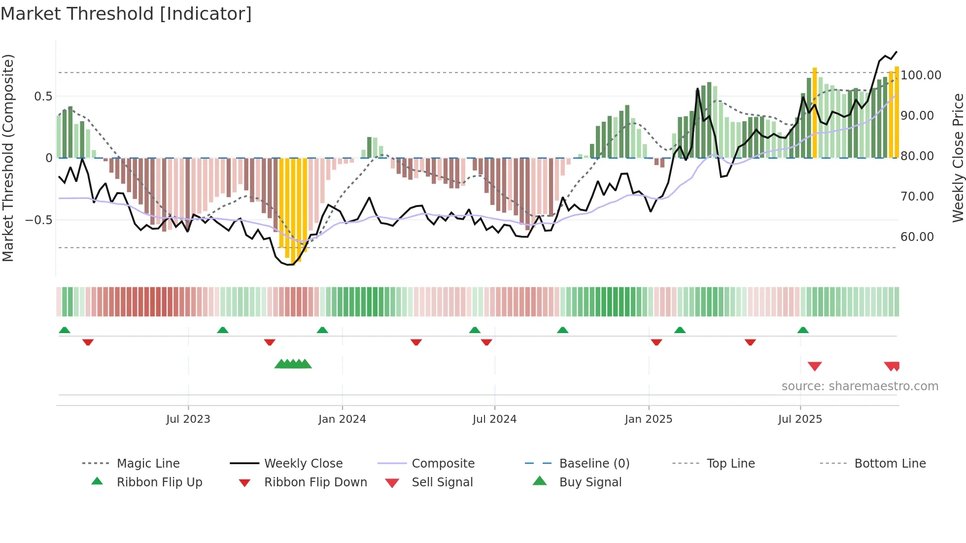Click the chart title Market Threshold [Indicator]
pos(126,14)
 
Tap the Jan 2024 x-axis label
pos(342,419)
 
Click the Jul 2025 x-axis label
pos(800,419)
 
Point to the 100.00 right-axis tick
pos(921,75)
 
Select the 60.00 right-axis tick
pos(917,237)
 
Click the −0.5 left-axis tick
pos(38,220)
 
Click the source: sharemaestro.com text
pos(860,386)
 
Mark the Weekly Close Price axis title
pos(958,158)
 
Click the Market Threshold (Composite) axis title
pos(8,158)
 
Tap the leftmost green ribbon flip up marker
pos(65,330)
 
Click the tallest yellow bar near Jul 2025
pos(815,113)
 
